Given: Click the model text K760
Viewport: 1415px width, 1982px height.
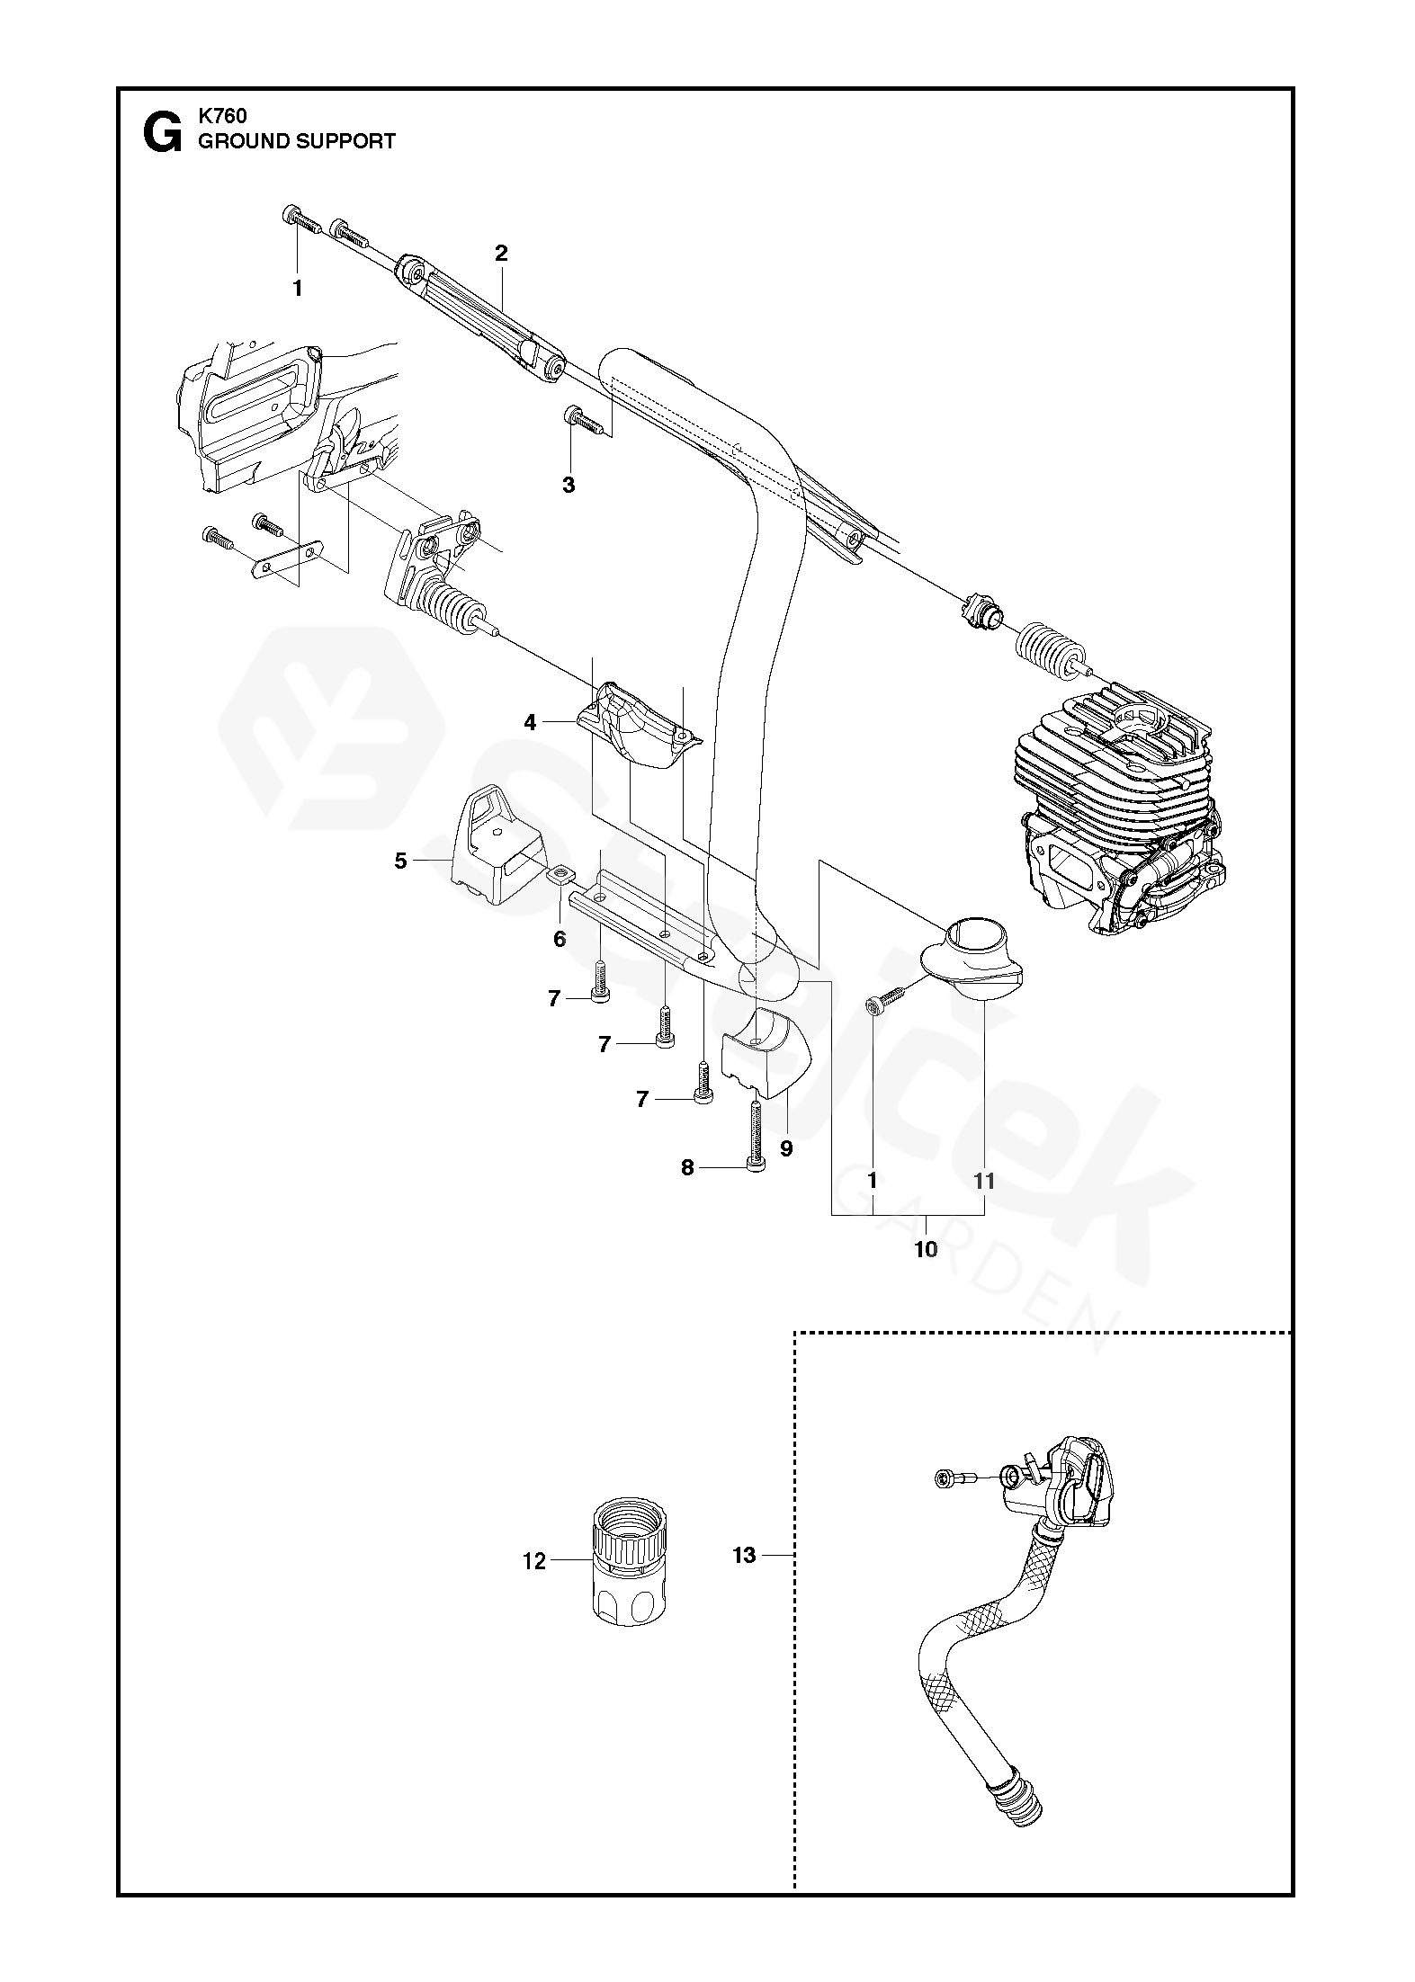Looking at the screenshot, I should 222,116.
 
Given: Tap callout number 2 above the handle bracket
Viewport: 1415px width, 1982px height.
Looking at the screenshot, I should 501,254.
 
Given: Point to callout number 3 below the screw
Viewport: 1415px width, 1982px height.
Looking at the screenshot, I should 568,485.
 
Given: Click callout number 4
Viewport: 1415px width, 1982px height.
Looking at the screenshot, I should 531,722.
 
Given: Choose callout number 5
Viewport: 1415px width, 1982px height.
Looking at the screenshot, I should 401,861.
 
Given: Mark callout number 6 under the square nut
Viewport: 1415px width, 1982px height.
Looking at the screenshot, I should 560,940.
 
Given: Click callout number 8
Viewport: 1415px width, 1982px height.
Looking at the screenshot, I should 687,1168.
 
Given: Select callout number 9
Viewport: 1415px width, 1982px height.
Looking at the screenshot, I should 786,1148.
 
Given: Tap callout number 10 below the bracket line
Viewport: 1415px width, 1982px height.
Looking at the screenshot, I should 926,1249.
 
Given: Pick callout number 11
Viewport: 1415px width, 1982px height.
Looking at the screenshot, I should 985,1181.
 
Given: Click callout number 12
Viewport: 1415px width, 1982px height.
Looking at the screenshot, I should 534,1561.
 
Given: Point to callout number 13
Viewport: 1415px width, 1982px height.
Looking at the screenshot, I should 744,1555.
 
